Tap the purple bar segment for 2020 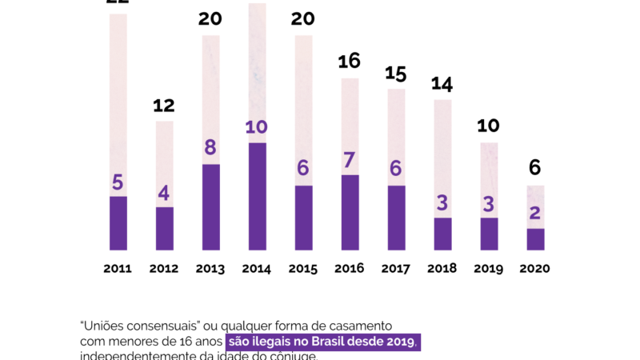(x=535, y=239)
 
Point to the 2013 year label (x=210, y=269)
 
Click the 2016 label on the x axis (x=350, y=269)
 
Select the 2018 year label (x=442, y=269)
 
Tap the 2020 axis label (x=535, y=269)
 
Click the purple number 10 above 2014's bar (x=257, y=127)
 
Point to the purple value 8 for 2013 (x=210, y=148)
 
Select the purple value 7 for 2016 (x=350, y=159)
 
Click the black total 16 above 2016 (x=350, y=61)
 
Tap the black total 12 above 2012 (x=164, y=105)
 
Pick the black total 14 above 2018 (x=442, y=83)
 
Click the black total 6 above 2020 (x=535, y=168)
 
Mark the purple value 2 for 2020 (x=535, y=213)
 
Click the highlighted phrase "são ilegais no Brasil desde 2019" (x=322, y=342)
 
